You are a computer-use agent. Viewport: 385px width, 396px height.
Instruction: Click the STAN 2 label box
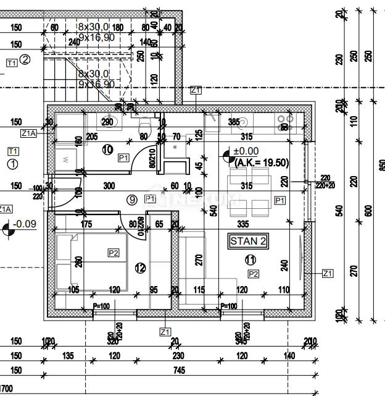249,241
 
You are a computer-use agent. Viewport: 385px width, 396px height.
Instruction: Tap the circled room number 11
250,260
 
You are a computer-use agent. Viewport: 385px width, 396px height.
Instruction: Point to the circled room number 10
107,149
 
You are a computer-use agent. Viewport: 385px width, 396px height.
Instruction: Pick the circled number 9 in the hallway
131,199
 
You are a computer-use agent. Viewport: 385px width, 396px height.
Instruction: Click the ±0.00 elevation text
246,151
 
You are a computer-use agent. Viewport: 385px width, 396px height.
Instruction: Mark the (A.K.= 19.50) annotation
262,162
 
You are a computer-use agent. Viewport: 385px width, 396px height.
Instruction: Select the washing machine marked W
67,159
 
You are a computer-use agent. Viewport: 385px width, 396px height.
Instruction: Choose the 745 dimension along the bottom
179,371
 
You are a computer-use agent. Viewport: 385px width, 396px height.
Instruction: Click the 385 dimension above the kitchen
234,122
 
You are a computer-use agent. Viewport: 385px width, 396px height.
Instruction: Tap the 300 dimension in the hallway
109,185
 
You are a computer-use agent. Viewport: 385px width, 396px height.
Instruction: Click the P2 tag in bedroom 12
113,253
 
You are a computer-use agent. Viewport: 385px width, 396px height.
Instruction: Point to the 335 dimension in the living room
242,224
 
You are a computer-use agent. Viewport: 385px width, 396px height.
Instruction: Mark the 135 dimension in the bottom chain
68,356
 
